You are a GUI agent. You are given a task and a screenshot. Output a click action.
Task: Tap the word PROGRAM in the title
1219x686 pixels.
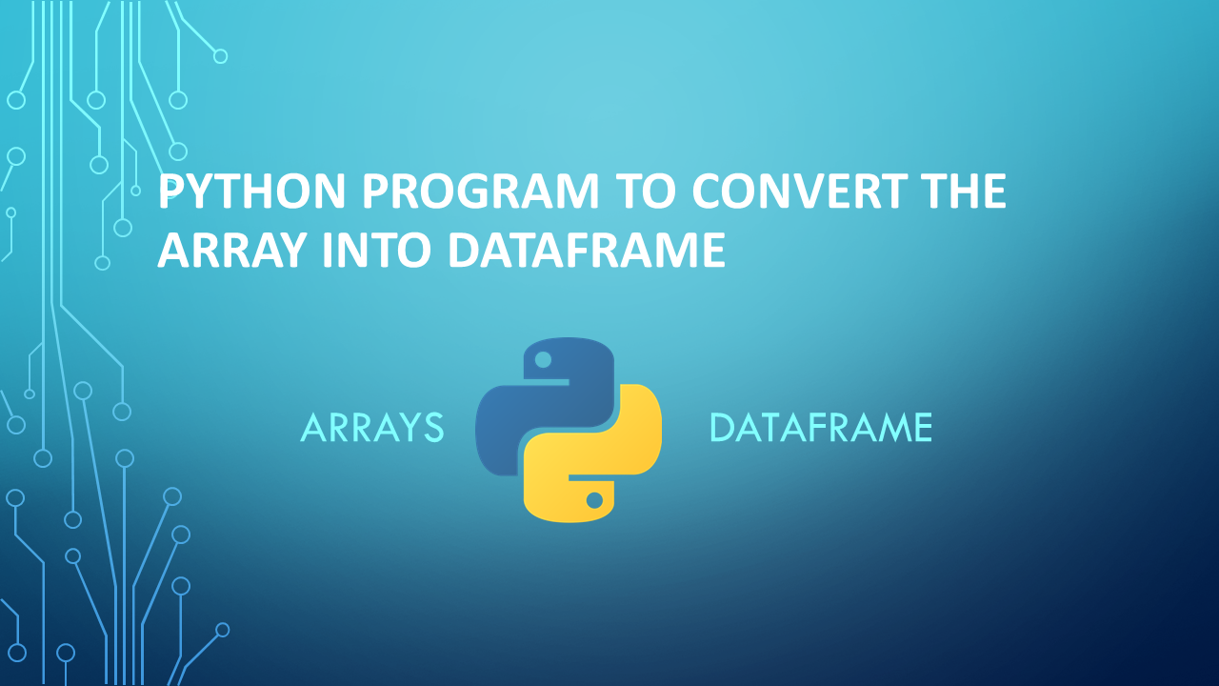click(480, 193)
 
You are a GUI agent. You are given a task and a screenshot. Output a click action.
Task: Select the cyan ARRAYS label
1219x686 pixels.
click(372, 429)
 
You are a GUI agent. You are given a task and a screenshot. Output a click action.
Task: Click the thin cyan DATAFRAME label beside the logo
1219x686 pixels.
click(820, 429)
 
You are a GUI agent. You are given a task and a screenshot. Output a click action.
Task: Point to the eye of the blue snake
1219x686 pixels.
click(543, 360)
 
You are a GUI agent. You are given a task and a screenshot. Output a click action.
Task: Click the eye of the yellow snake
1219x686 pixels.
click(594, 499)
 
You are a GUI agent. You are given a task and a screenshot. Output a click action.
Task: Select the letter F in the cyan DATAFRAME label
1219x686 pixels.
click(812, 429)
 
